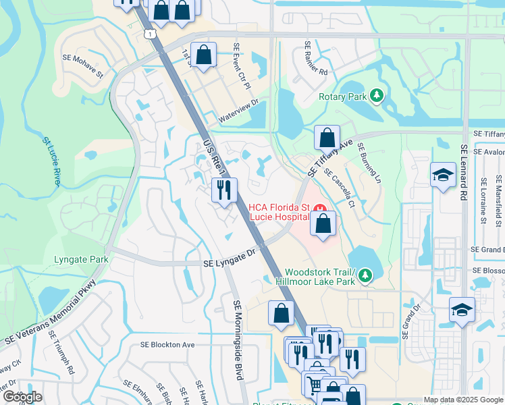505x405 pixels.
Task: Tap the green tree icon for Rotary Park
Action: [x=377, y=96]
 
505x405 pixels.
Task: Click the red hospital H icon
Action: [x=322, y=207]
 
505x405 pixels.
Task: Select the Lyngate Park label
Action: [x=81, y=259]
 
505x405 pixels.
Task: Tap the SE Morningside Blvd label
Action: [x=237, y=340]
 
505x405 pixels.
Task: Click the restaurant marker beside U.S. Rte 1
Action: [x=224, y=190]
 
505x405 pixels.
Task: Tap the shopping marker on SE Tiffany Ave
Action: [x=327, y=138]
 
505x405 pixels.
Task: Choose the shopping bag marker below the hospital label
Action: [x=323, y=224]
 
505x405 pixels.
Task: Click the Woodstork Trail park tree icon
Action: [x=365, y=275]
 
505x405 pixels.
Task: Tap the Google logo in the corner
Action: [x=22, y=397]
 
